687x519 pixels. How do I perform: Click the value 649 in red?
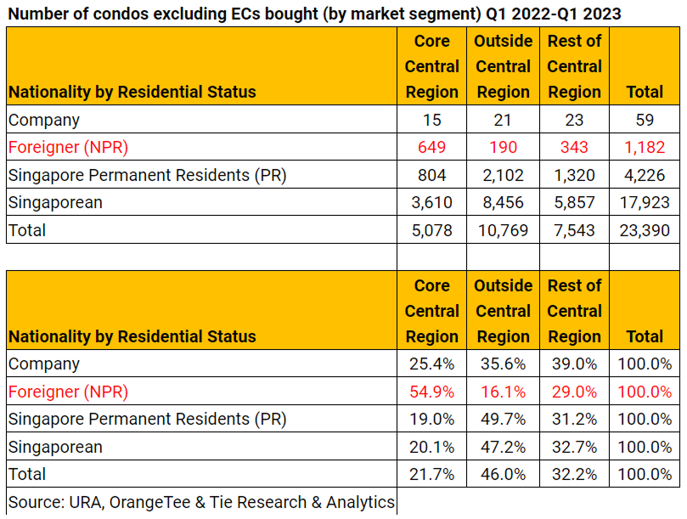point(431,148)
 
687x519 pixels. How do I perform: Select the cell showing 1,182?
point(645,148)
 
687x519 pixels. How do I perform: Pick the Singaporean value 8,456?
point(503,203)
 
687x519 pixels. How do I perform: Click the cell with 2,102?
point(503,176)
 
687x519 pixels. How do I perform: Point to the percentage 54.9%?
point(431,392)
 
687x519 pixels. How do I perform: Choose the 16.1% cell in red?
point(503,392)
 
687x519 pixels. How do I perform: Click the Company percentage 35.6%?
point(503,364)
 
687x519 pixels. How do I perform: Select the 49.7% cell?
point(503,420)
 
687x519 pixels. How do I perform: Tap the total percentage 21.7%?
point(431,475)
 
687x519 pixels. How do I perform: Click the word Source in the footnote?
point(34,502)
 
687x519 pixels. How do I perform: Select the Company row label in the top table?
point(44,120)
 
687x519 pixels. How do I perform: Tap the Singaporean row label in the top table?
point(55,203)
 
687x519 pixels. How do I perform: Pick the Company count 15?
point(431,120)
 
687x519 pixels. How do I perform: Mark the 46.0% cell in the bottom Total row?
point(503,475)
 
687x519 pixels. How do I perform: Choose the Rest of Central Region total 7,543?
point(574,230)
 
